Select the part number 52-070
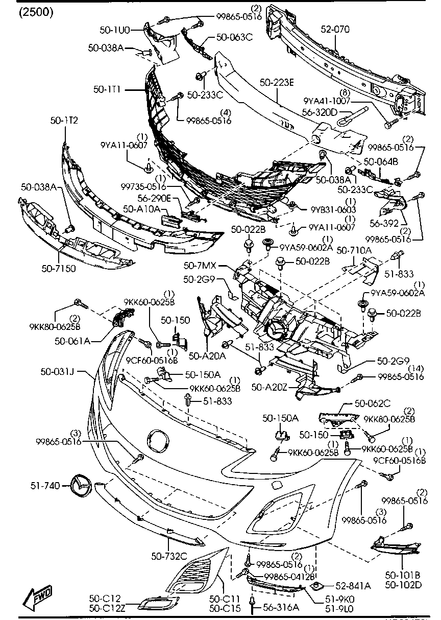pyautogui.click(x=335, y=29)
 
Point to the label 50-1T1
pyautogui.click(x=107, y=89)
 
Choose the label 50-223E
pyautogui.click(x=277, y=82)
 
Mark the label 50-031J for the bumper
pyautogui.click(x=58, y=372)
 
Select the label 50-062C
pyautogui.click(x=373, y=403)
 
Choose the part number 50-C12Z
pyautogui.click(x=105, y=608)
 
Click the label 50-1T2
pyautogui.click(x=64, y=121)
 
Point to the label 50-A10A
pyautogui.click(x=141, y=209)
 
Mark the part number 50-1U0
pyautogui.click(x=115, y=30)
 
